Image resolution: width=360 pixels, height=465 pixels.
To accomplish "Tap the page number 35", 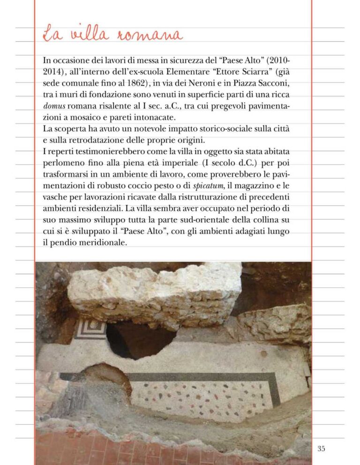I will click(321, 449).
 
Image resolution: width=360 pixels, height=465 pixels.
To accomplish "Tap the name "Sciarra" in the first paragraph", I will click(253, 72).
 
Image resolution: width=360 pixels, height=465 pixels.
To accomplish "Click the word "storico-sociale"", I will click(234, 128).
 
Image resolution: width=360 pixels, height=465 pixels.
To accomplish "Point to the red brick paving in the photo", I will click(141, 450).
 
